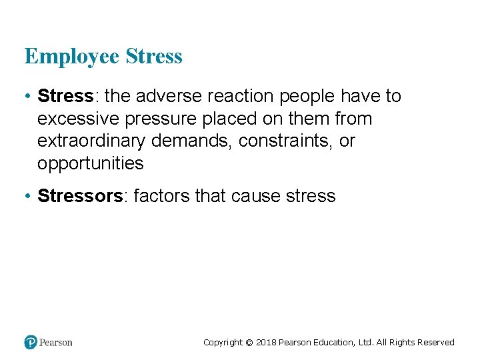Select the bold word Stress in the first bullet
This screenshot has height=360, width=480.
pos(65,97)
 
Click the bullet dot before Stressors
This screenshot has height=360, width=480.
pos(27,196)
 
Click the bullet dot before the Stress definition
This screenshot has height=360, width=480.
pos(27,97)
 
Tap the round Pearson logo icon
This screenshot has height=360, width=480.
pos(31,343)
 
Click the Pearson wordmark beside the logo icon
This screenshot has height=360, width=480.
pos(56,343)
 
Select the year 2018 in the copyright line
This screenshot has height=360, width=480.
pos(266,343)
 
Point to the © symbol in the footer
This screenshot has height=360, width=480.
pos(249,343)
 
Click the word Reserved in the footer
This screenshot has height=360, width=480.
pos(435,343)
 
